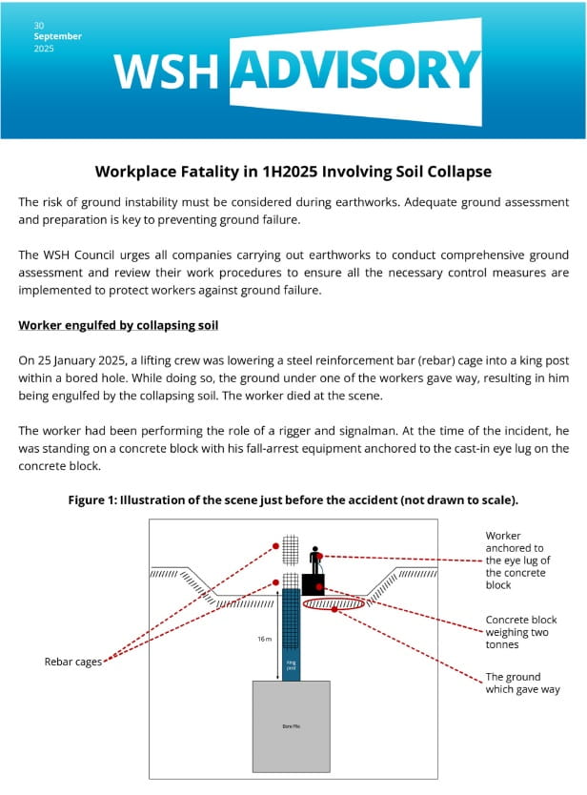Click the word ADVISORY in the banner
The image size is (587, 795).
pos(354,70)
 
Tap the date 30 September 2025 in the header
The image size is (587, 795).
pos(57,36)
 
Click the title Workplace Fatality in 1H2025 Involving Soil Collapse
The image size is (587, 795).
pos(293,172)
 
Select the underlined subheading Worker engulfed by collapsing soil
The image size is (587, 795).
pos(118,326)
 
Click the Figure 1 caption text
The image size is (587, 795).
pos(293,499)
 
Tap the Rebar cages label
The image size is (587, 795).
pos(73,662)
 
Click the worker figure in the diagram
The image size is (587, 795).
pos(314,561)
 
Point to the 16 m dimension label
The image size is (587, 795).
pos(265,640)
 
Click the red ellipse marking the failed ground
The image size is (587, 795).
pos(333,603)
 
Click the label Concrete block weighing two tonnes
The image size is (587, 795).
pos(520,632)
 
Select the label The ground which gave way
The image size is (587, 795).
pos(522,683)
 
